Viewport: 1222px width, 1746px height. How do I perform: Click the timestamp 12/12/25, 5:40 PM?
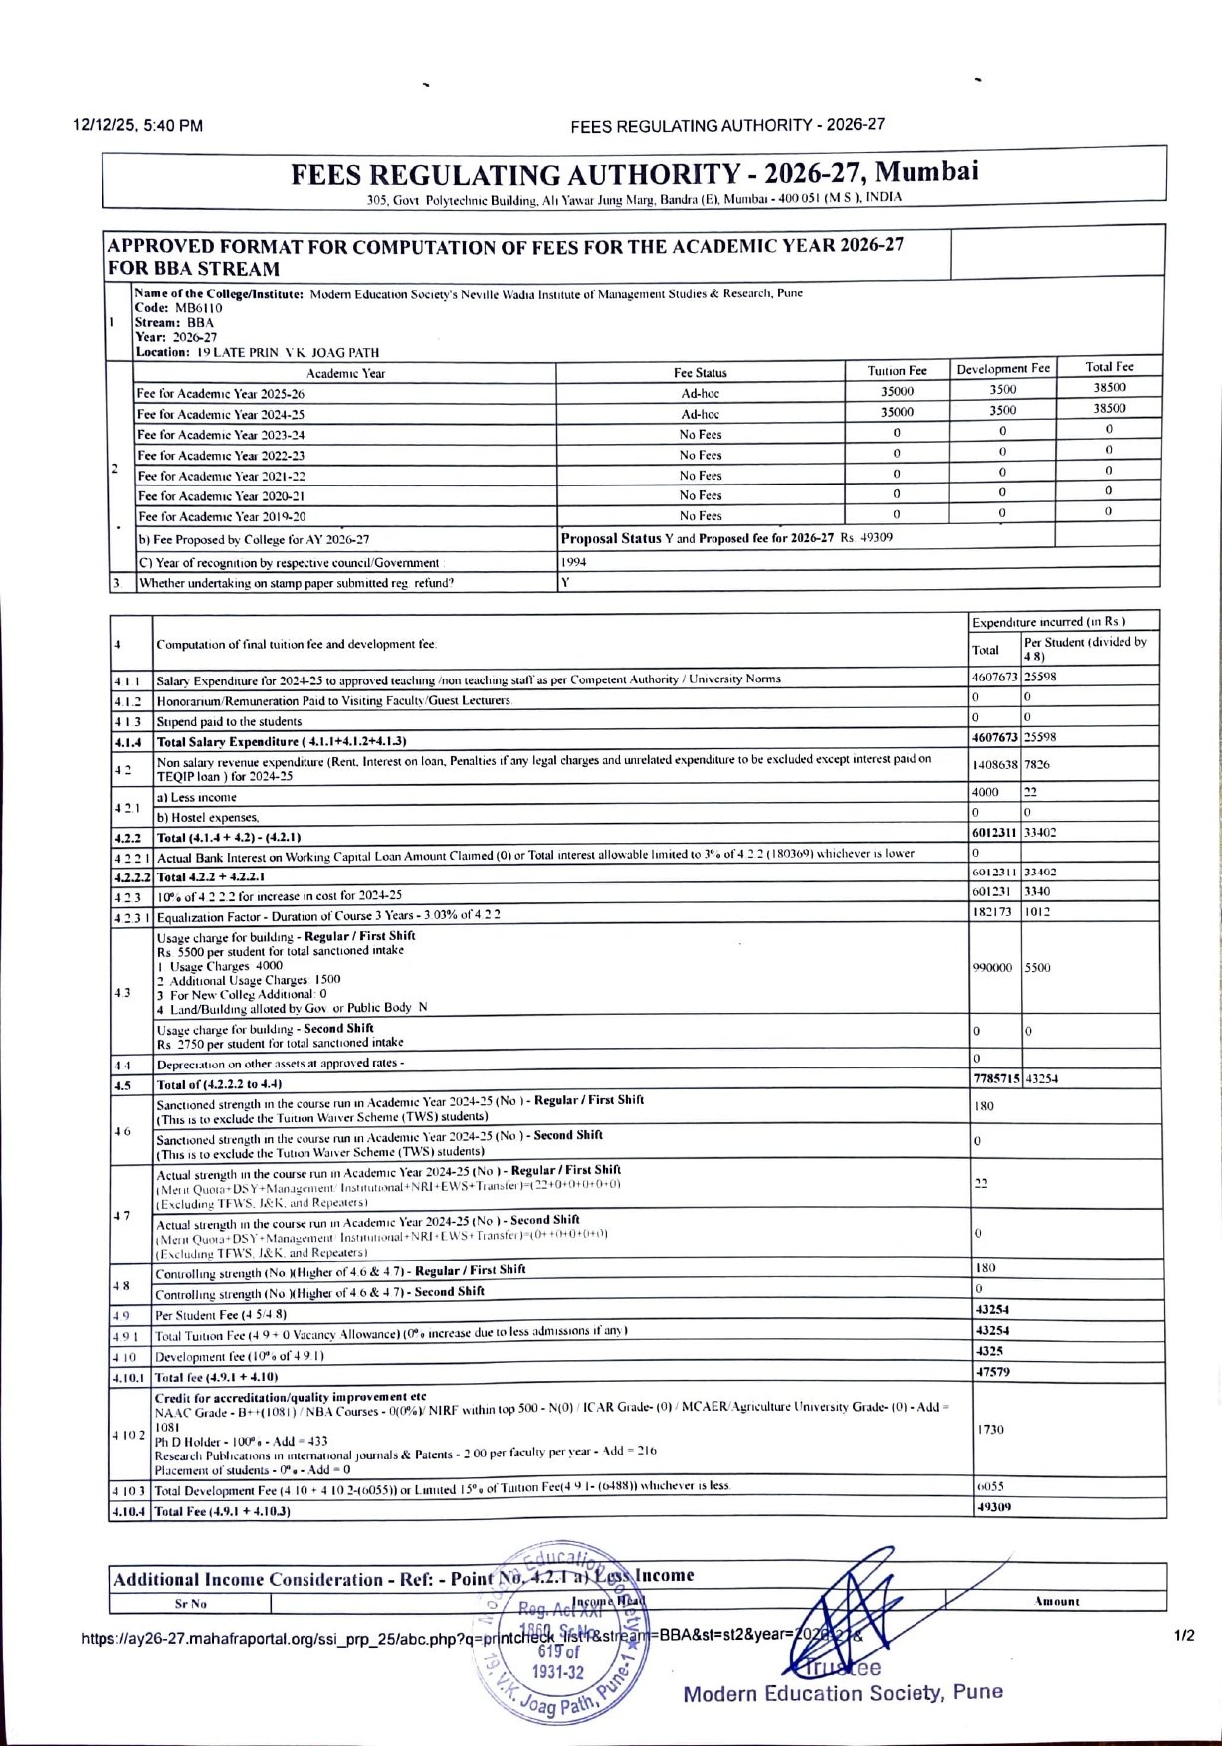pyautogui.click(x=138, y=126)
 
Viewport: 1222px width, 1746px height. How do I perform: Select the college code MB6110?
pyautogui.click(x=199, y=308)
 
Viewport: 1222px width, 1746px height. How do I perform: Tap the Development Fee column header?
pyautogui.click(x=1003, y=369)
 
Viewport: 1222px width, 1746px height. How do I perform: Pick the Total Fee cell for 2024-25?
pyautogui.click(x=1109, y=409)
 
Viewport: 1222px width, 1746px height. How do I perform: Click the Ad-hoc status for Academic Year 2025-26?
pyautogui.click(x=701, y=393)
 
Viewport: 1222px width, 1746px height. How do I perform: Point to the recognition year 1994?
pyautogui.click(x=574, y=562)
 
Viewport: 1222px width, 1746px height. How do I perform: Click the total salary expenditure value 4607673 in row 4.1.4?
pyautogui.click(x=995, y=738)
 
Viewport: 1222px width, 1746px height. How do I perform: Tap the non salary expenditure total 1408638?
pyautogui.click(x=995, y=765)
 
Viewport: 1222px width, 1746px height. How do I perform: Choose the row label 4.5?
pyautogui.click(x=122, y=1085)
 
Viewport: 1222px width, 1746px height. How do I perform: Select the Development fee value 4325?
pyautogui.click(x=990, y=1352)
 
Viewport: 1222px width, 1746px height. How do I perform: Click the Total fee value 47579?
pyautogui.click(x=992, y=1373)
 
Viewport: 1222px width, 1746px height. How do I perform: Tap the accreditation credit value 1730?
pyautogui.click(x=990, y=1429)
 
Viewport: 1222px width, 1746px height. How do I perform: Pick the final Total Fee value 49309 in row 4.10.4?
pyautogui.click(x=992, y=1508)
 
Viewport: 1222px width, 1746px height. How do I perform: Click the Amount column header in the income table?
pyautogui.click(x=1056, y=1602)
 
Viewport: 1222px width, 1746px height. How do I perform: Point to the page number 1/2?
pyautogui.click(x=1184, y=1635)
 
